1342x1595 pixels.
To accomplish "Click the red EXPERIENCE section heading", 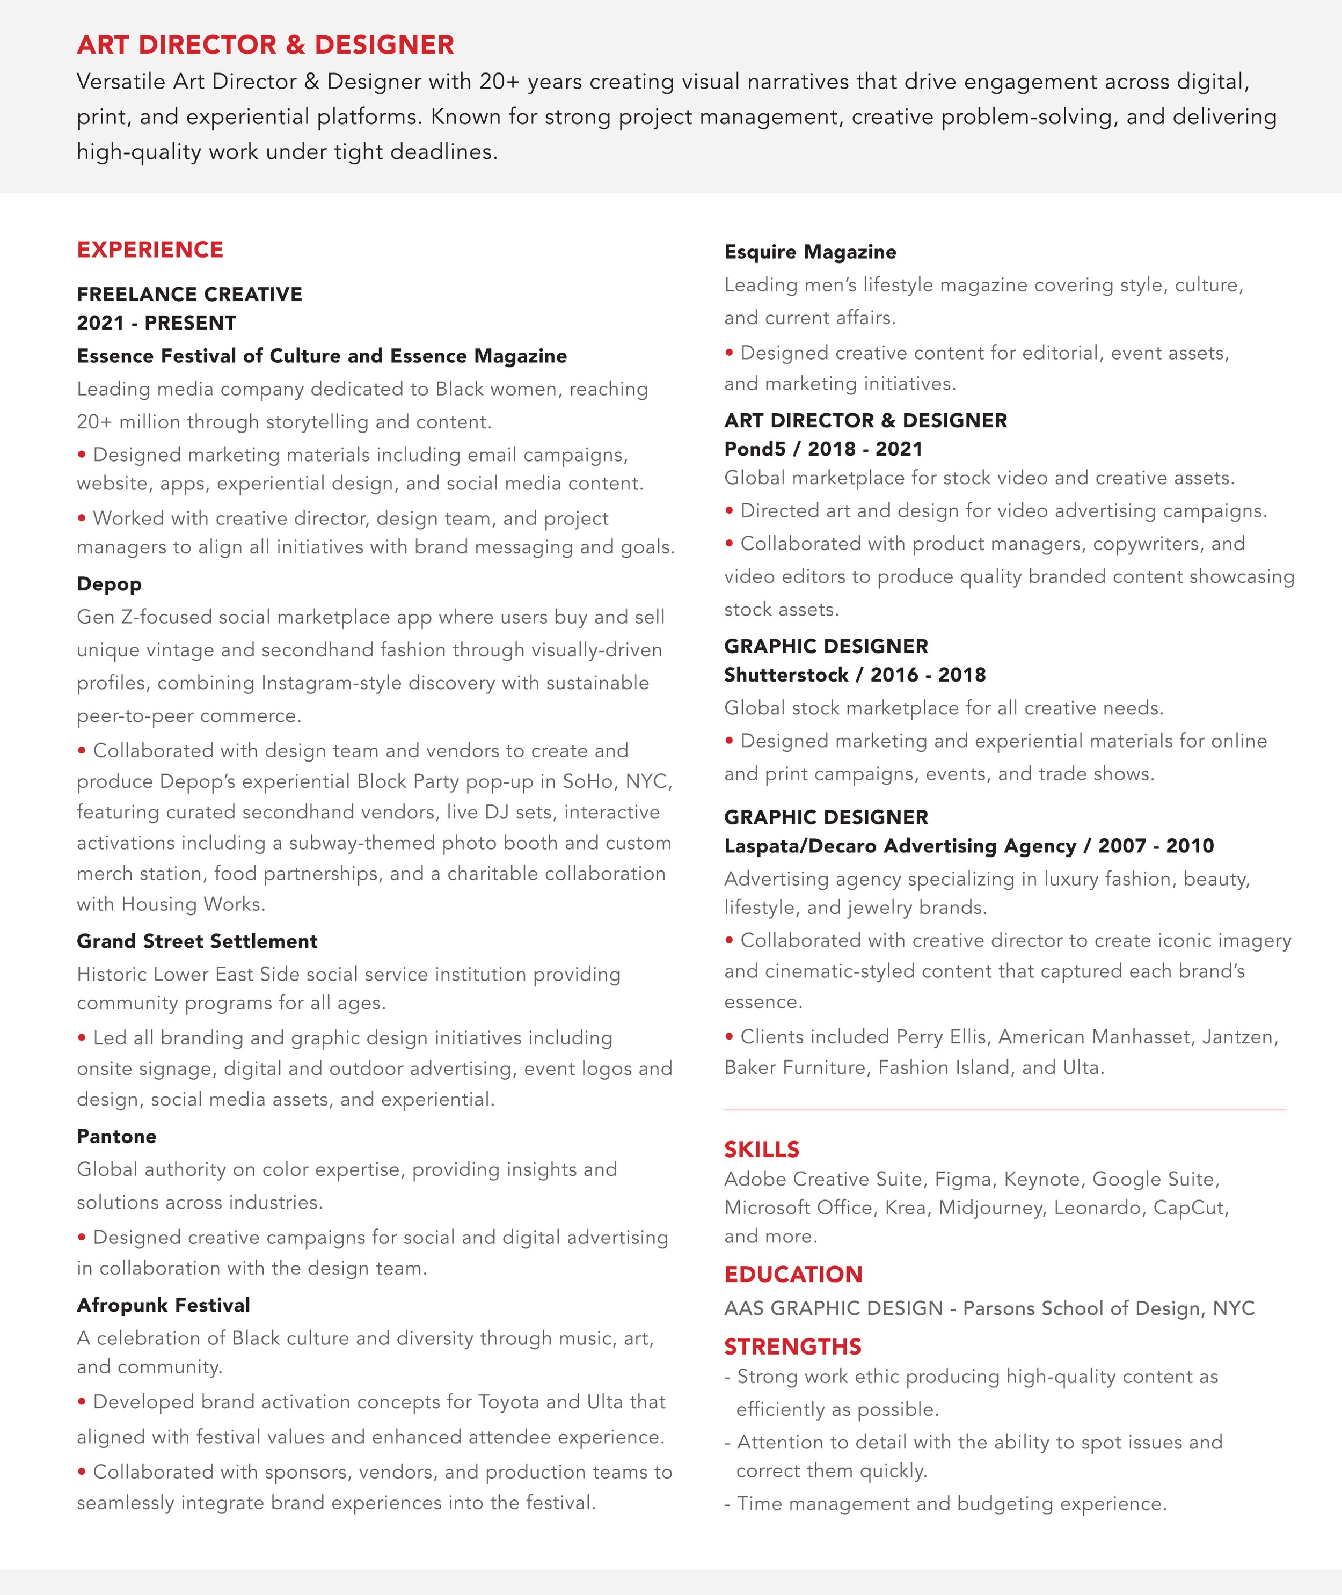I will (150, 250).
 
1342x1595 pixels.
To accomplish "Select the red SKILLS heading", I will (762, 1148).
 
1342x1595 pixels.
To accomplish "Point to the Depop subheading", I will (109, 584).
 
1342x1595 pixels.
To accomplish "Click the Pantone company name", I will (116, 1136).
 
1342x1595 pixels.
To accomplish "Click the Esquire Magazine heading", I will (809, 252).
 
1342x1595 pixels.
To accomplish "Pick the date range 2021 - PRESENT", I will (156, 323).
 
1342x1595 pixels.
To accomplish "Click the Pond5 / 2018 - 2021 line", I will (822, 449).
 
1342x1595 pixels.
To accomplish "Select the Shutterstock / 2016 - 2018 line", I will (855, 675).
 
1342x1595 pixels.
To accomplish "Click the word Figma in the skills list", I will (963, 1179).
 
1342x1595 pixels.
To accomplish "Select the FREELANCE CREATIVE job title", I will (189, 294).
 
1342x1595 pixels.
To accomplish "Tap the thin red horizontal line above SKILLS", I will (1004, 1110).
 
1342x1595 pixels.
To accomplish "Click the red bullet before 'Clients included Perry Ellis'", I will (729, 1035).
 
